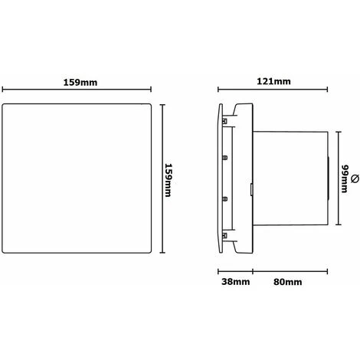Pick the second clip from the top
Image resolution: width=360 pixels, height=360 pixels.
point(224,157)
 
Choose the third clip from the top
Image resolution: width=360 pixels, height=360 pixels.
point(224,198)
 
